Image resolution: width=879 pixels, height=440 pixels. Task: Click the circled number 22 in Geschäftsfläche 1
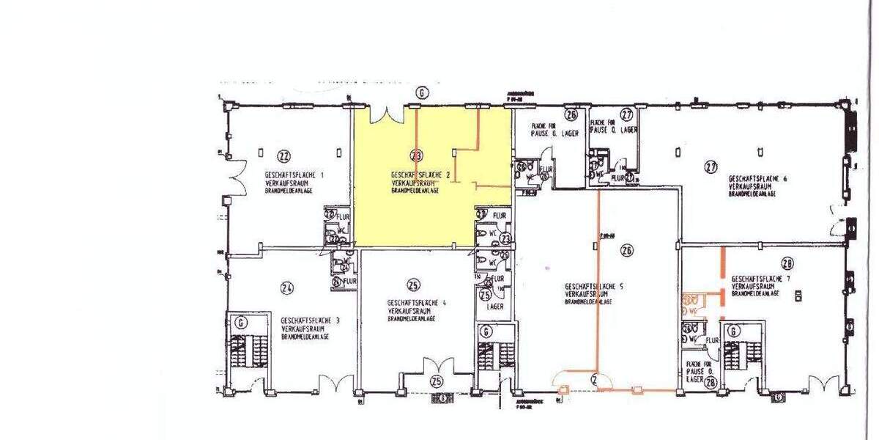[284, 155]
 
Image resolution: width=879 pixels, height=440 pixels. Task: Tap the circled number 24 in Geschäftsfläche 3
[287, 287]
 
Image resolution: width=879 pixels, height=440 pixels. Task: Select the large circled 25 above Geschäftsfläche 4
[414, 285]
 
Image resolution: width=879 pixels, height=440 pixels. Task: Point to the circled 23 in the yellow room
[417, 155]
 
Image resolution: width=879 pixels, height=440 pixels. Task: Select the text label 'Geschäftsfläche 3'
[307, 320]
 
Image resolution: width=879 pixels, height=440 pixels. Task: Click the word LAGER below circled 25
[495, 307]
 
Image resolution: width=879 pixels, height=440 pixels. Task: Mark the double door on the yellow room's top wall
[387, 114]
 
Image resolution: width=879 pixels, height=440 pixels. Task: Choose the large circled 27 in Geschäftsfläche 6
[710, 166]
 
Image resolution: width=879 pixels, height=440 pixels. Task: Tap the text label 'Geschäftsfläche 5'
[593, 286]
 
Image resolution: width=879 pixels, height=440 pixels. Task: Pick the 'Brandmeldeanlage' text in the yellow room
[415, 191]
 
